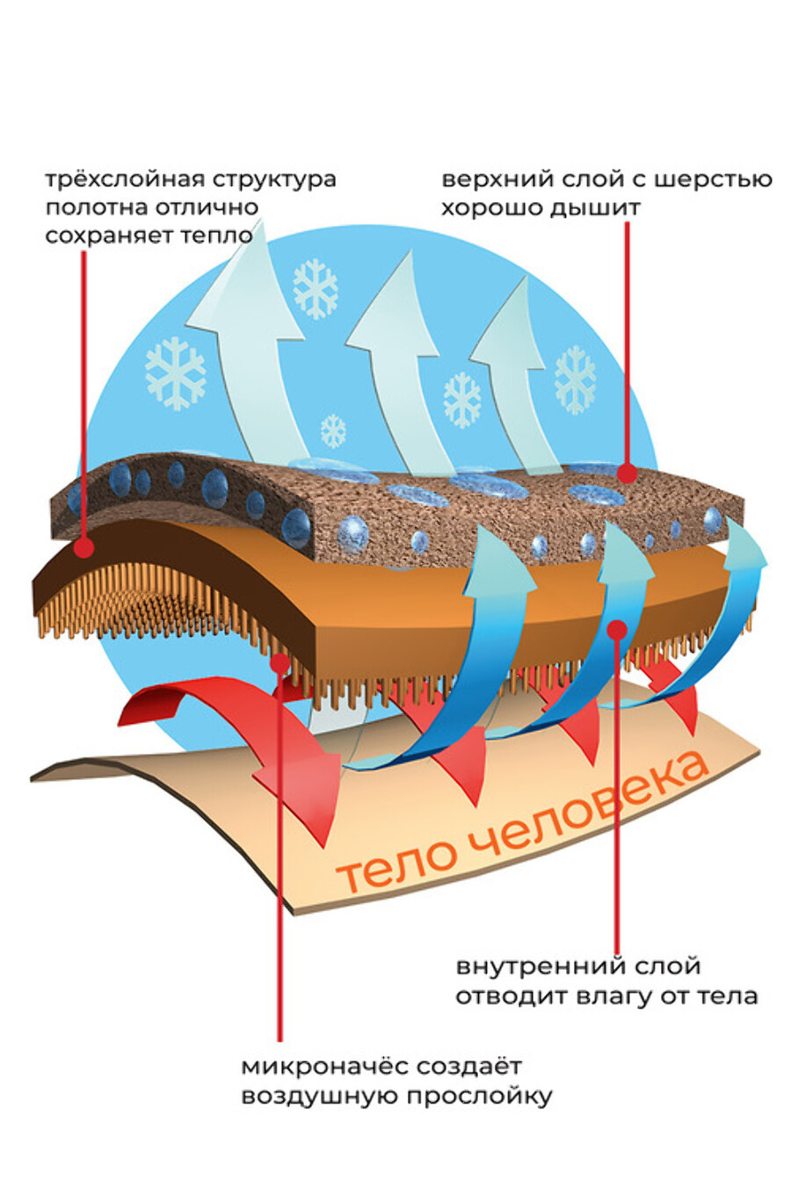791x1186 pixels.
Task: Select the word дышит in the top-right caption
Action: point(595,208)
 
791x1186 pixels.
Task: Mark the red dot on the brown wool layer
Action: point(628,473)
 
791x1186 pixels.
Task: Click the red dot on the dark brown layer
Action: point(83,547)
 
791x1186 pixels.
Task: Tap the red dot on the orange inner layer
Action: point(617,630)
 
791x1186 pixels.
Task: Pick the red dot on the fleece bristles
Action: point(280,662)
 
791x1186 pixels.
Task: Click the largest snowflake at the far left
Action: point(176,372)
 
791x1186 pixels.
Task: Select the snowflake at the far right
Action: point(576,380)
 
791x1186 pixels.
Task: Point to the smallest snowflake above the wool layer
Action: point(333,431)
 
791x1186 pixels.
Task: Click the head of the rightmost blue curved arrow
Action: point(744,551)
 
